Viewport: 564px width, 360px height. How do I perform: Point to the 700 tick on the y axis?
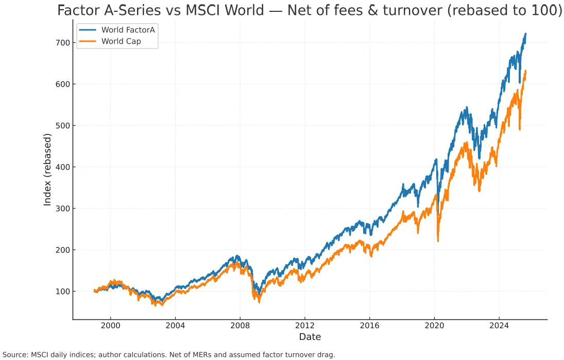tap(62, 42)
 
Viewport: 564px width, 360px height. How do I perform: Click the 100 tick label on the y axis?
tap(62, 292)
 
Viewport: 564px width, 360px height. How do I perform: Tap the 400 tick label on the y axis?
tap(62, 167)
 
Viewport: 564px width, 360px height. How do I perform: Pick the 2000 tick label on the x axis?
tap(110, 325)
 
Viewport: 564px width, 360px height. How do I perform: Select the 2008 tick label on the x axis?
tap(240, 325)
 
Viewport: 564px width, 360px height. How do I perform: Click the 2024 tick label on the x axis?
tap(499, 325)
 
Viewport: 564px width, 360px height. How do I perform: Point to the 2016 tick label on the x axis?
tap(369, 325)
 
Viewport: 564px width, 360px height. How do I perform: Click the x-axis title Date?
tap(310, 337)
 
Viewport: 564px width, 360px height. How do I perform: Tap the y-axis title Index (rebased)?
tap(47, 169)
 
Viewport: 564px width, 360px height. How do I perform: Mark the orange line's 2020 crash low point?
tap(438, 241)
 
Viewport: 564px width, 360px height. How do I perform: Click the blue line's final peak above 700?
tap(525, 33)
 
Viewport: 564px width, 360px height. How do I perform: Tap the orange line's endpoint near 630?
tap(525, 71)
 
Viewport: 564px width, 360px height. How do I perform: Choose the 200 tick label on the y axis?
tap(62, 250)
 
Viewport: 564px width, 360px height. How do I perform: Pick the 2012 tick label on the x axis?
tap(304, 325)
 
